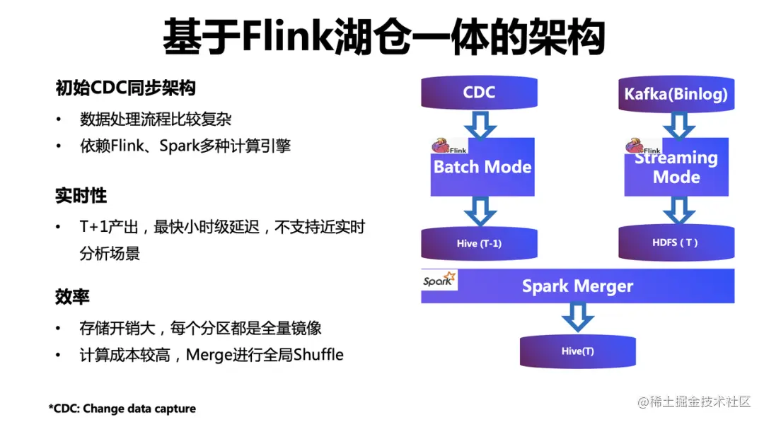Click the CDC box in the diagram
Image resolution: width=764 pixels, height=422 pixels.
tap(479, 93)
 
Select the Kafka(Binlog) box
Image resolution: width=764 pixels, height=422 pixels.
tap(676, 94)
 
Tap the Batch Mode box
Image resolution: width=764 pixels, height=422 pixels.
tap(482, 168)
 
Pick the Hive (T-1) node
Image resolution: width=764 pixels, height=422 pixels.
tap(479, 243)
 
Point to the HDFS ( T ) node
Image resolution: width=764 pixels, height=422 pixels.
tap(676, 242)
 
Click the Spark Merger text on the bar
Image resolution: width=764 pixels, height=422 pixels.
tap(577, 286)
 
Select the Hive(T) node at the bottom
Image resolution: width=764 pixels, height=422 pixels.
tap(577, 351)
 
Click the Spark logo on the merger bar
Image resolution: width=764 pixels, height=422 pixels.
tap(439, 281)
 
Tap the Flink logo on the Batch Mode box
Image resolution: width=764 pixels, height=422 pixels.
tap(449, 146)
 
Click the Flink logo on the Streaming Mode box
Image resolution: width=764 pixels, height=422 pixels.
tap(642, 147)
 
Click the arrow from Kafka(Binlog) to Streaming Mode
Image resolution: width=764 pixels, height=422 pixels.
tap(677, 125)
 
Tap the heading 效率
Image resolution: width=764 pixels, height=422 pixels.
tap(72, 296)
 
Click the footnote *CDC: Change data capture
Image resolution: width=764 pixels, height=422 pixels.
tap(122, 409)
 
